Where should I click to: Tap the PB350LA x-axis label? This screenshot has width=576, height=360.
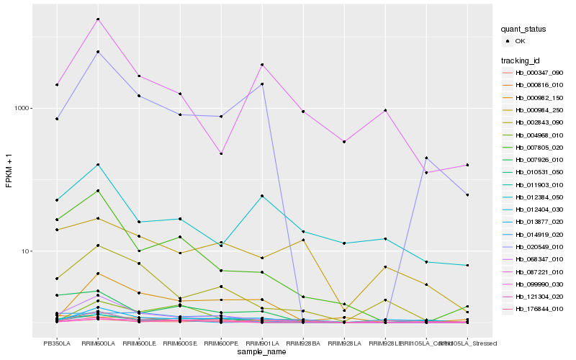[x=56, y=343]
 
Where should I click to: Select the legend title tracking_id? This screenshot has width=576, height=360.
[x=519, y=60]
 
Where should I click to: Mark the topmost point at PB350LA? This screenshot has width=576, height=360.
[x=57, y=85]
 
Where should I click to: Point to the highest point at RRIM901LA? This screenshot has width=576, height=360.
[x=262, y=65]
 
